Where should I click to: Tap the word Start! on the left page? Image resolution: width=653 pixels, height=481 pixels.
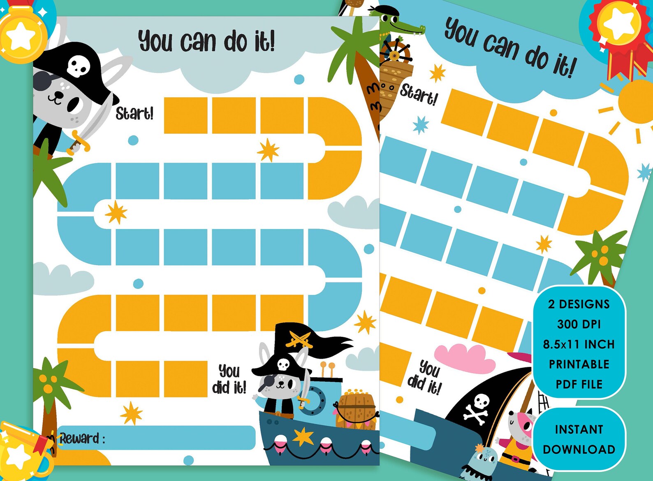pyautogui.click(x=134, y=113)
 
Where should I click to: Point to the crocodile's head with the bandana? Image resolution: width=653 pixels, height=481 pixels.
pyautogui.click(x=401, y=24)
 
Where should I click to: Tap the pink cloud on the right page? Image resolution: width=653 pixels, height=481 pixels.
pyautogui.click(x=465, y=357)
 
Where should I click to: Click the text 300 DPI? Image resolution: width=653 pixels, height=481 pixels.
pyautogui.click(x=579, y=324)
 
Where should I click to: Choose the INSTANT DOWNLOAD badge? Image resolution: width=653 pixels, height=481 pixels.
pyautogui.click(x=579, y=439)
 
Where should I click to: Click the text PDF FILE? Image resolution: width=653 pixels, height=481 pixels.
pyautogui.click(x=579, y=384)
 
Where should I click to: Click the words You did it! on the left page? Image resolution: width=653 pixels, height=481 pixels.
pyautogui.click(x=229, y=379)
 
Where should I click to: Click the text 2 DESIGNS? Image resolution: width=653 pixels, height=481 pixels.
pyautogui.click(x=579, y=304)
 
